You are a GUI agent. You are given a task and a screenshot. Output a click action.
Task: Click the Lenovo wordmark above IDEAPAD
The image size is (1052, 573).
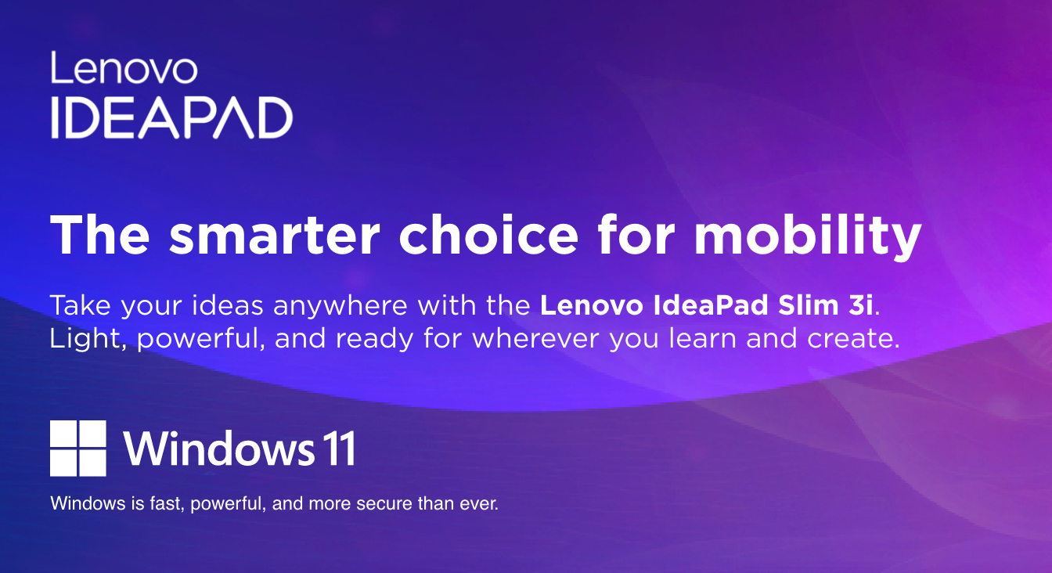pos(124,67)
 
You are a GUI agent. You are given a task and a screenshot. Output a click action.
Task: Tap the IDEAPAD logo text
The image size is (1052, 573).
pos(172,117)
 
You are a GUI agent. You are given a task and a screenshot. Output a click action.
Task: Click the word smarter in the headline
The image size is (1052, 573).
pos(274,235)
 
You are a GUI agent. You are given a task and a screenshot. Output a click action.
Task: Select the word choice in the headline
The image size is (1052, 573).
pos(488,234)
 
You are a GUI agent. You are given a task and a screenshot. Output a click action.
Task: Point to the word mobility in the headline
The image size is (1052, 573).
pos(808,237)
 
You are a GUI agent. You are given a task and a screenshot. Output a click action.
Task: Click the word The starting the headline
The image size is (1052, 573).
pos(100,234)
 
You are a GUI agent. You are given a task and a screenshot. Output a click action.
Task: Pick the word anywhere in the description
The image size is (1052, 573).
pos(340,308)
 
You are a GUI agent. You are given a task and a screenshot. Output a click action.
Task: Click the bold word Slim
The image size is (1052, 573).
pos(808,305)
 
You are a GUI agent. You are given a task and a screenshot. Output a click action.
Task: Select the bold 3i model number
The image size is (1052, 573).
pos(860,305)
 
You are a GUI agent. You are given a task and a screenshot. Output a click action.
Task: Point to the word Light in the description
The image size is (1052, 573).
pos(88,340)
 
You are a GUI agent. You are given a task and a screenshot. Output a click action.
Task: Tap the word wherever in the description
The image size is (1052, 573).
pos(536,339)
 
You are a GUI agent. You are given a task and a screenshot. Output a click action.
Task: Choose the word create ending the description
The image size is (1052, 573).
pos(853,340)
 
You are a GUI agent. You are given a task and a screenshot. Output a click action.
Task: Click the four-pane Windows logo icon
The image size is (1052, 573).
pos(78,448)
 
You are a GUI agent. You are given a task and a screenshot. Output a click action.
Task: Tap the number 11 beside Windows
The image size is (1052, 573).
pos(339,449)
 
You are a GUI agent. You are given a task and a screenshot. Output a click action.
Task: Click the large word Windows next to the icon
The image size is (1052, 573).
pos(219,448)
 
